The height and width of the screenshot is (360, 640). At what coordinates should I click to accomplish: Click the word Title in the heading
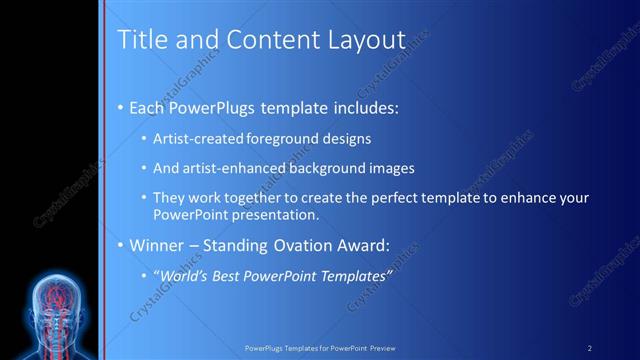pos(138,40)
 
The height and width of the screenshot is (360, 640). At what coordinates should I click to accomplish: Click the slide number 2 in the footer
pos(589,348)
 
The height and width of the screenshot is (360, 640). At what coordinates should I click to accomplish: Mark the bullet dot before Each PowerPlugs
pos(121,107)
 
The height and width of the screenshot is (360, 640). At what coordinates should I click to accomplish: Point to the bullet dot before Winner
pos(121,245)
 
